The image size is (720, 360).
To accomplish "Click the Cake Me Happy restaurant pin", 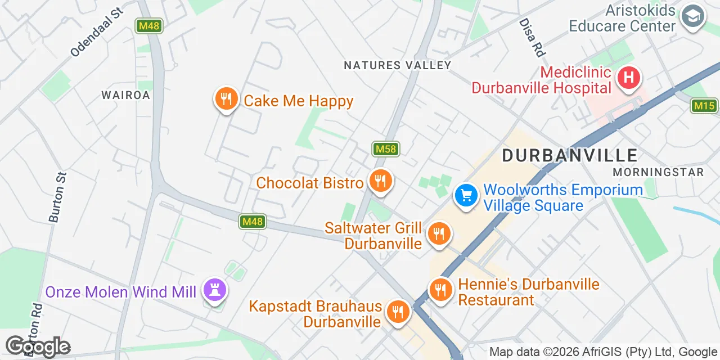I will (x=226, y=100).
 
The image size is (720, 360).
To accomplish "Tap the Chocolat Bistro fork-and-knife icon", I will (x=381, y=181).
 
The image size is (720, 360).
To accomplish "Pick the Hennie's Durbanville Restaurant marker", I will (x=441, y=290).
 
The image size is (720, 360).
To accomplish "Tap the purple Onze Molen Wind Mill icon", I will (x=214, y=290).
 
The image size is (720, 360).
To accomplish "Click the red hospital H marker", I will (x=628, y=77).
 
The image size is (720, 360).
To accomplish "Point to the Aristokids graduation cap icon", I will (x=693, y=16).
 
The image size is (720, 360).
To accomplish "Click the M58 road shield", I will (x=386, y=149).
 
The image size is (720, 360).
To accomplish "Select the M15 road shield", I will (x=704, y=105).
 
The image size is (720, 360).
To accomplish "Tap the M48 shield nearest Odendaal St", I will (x=149, y=26).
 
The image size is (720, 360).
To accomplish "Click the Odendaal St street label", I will (x=96, y=32).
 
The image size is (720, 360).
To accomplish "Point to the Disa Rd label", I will (x=532, y=37).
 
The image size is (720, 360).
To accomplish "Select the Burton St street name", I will (x=58, y=197).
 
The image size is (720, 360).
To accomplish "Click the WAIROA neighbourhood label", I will (x=126, y=95).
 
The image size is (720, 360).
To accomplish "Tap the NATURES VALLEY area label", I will (x=398, y=65).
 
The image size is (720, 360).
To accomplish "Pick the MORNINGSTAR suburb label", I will (x=658, y=172).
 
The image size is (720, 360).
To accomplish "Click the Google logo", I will (x=38, y=346).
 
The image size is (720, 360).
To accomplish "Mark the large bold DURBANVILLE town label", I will (x=569, y=155).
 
